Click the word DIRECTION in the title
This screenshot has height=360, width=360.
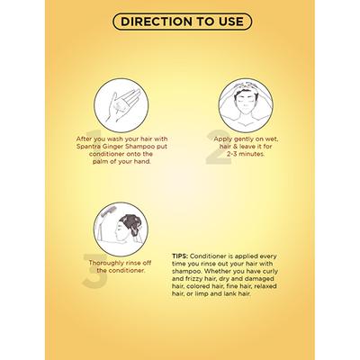click(x=157, y=22)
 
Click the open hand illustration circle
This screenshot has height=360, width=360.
click(x=121, y=105)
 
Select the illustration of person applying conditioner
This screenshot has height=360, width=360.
click(x=246, y=105)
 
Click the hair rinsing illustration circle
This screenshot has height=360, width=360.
click(x=121, y=229)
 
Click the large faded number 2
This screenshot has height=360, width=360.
click(x=219, y=147)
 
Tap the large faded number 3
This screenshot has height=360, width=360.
click(x=95, y=271)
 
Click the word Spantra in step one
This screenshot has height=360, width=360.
click(x=87, y=147)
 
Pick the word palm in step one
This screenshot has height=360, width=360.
click(x=100, y=162)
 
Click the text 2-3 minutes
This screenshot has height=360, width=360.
click(x=246, y=154)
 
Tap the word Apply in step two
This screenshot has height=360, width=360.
click(x=223, y=139)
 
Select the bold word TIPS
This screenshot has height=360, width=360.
click(x=180, y=256)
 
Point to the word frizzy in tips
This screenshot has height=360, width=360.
click(x=194, y=279)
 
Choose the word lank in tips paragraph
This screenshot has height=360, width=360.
click(x=230, y=294)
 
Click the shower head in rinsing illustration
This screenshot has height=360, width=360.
click(x=106, y=212)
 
